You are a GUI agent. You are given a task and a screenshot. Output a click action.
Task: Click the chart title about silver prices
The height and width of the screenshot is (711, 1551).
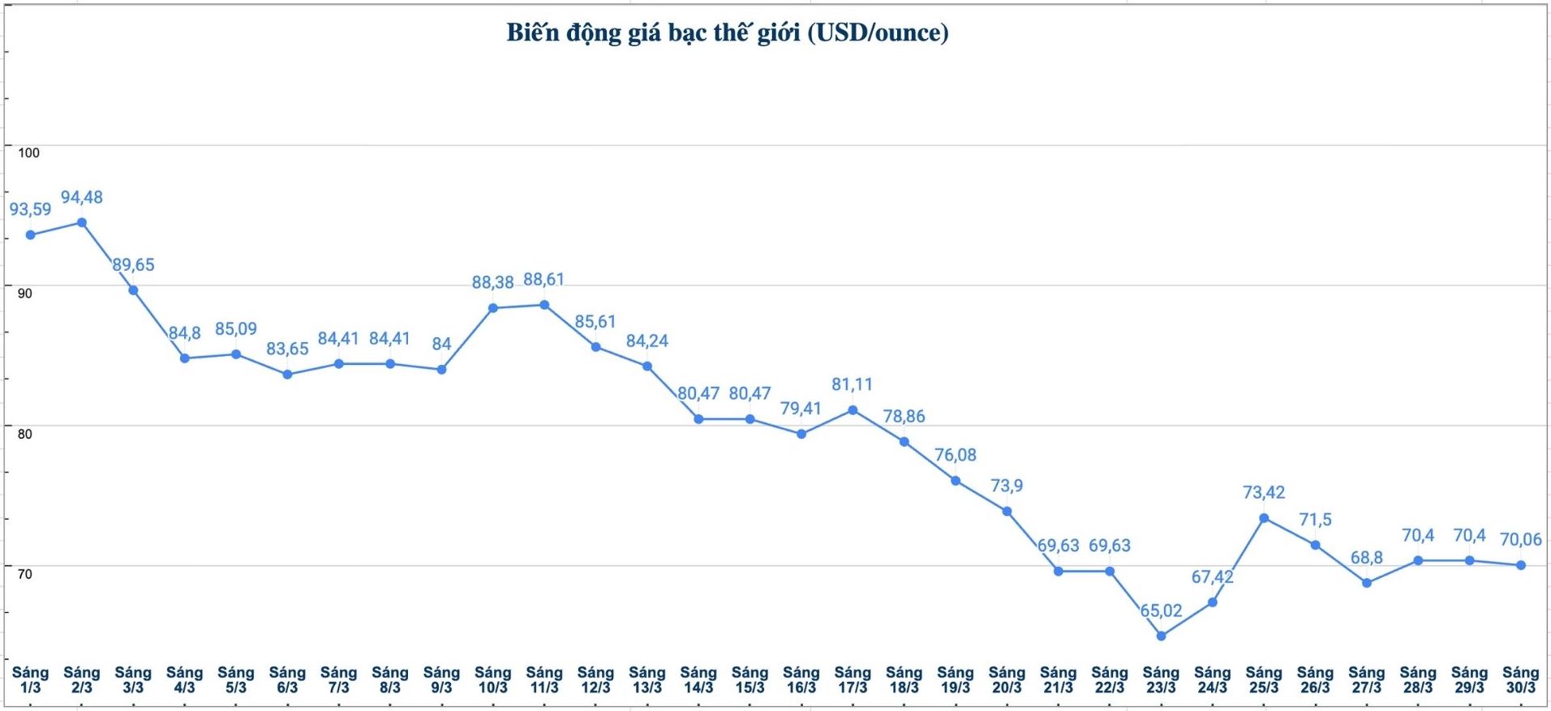tap(727, 32)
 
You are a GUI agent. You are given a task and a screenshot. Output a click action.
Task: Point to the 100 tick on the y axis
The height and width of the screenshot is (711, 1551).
tap(28, 152)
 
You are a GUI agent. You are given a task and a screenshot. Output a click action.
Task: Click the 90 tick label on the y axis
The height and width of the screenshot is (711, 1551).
tap(25, 293)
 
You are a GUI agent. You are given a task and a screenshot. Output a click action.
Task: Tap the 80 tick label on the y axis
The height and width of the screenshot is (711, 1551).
tap(25, 434)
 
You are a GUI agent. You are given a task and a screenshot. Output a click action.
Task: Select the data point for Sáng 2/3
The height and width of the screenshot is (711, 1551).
tap(82, 222)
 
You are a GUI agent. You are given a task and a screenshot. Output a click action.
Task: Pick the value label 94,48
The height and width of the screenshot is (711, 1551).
tap(82, 197)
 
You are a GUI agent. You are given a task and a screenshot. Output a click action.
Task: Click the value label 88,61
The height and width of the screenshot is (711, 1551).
tap(543, 279)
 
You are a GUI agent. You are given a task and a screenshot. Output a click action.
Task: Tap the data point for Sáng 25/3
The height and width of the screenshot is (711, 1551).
tap(1264, 518)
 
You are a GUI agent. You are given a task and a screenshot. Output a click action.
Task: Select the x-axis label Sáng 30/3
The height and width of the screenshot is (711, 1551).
tap(1520, 679)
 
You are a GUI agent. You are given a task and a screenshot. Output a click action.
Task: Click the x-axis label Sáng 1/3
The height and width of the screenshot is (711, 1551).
tap(30, 679)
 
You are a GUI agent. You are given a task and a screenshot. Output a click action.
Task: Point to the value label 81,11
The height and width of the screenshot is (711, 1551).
tap(852, 384)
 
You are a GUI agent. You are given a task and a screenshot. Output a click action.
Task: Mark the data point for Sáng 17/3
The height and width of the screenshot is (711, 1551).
tap(853, 410)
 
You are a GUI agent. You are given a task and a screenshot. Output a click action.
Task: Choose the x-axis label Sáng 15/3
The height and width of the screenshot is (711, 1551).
tap(750, 679)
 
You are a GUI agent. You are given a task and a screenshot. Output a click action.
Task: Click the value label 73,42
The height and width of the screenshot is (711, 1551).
tap(1264, 492)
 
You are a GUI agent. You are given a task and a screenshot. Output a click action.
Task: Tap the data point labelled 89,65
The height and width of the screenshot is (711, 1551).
tap(133, 290)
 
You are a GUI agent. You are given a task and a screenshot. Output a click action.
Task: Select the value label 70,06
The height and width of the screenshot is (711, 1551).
tap(1520, 539)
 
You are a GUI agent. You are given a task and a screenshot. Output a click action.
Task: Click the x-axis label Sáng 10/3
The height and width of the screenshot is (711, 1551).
tap(492, 679)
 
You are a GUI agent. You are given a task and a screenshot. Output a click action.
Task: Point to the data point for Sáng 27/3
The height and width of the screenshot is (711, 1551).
tap(1367, 583)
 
